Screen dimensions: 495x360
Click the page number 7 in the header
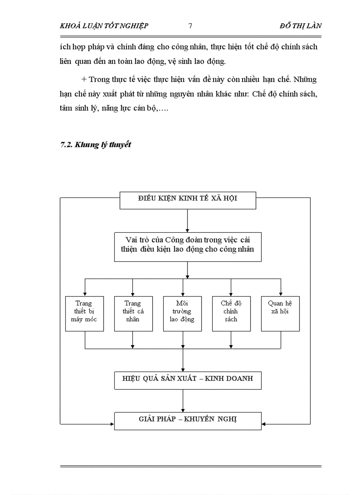point(190,26)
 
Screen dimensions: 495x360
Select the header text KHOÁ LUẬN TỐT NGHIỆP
point(104,26)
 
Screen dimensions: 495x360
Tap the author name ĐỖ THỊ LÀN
point(300,26)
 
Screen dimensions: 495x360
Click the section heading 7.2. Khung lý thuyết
point(95,145)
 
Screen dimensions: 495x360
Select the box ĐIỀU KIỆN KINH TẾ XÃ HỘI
point(187,198)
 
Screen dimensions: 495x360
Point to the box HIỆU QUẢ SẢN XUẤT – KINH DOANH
point(187,379)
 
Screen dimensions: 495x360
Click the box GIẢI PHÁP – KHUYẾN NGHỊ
point(187,419)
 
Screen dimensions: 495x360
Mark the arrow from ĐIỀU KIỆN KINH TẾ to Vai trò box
point(187,221)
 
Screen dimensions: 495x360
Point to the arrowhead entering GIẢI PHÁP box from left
point(112,424)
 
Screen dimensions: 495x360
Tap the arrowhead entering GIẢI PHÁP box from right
point(264,424)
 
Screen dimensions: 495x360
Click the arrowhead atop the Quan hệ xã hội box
point(281,294)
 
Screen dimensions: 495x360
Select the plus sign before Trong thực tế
point(84,80)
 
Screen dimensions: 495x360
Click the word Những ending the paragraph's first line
point(305,80)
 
